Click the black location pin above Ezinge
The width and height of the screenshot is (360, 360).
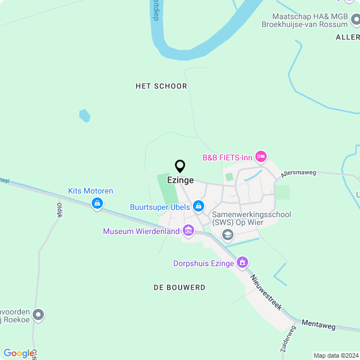[180, 166]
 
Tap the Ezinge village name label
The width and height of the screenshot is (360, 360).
[180, 181]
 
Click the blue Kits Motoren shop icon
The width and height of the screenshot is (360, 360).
[97, 202]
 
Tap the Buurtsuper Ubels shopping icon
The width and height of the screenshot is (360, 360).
[198, 207]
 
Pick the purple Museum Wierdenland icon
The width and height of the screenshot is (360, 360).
[188, 231]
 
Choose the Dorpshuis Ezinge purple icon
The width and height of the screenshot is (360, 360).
[242, 262]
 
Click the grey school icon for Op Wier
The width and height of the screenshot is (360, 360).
[227, 235]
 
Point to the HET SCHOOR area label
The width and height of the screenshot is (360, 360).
[161, 86]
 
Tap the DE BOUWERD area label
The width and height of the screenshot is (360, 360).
[179, 287]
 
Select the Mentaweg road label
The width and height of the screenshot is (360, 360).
[318, 324]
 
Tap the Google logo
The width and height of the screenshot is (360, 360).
[19, 353]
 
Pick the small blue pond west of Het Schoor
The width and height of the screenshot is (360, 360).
[84, 116]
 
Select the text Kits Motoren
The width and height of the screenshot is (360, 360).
[91, 191]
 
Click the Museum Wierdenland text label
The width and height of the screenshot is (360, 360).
[141, 231]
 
